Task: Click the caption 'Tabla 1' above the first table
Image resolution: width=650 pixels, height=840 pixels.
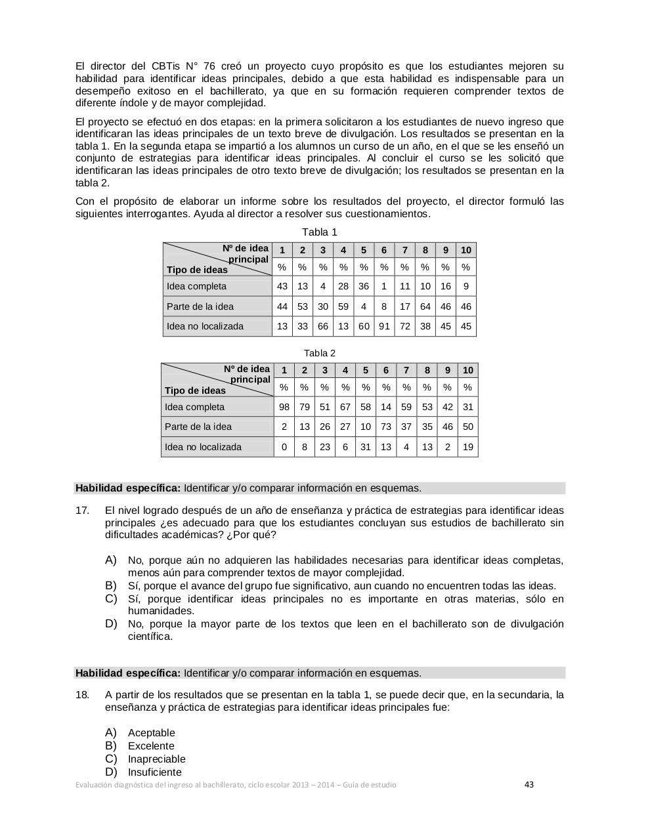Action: click(x=319, y=232)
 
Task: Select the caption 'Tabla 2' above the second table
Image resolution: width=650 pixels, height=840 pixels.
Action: click(x=319, y=353)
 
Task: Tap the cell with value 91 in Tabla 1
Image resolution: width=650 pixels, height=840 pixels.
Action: click(x=384, y=326)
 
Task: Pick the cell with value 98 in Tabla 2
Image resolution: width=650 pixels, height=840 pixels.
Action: click(x=284, y=407)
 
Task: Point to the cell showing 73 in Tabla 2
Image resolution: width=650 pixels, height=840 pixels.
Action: click(x=386, y=427)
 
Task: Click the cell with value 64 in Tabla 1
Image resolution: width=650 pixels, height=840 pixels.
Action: click(x=425, y=306)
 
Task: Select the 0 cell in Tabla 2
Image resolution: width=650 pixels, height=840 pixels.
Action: click(x=284, y=447)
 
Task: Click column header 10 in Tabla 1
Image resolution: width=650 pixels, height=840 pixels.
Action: click(x=466, y=250)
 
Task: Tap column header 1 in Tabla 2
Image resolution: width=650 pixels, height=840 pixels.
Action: click(x=284, y=370)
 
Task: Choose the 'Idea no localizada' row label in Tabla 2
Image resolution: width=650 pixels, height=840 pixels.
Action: click(x=203, y=447)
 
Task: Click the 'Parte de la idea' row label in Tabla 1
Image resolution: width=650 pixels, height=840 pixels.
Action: click(x=200, y=306)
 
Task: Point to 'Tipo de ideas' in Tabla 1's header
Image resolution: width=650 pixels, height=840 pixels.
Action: click(x=197, y=270)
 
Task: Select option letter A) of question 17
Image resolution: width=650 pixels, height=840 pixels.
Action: click(x=110, y=560)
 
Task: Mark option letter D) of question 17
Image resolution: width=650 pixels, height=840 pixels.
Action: click(x=110, y=623)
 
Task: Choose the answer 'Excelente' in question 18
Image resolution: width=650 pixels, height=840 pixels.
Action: click(x=151, y=746)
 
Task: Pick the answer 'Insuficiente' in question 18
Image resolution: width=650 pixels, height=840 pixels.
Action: click(x=154, y=772)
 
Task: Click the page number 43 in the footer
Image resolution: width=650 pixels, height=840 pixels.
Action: click(x=529, y=784)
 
